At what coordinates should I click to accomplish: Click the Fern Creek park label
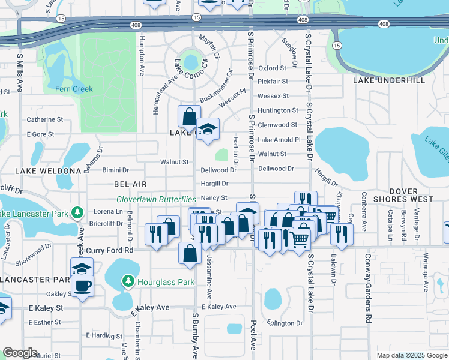click(x=74, y=89)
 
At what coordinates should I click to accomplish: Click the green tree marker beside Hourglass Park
click(x=127, y=281)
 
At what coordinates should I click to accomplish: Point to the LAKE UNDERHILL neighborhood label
click(x=389, y=80)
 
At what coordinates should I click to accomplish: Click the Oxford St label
click(x=273, y=68)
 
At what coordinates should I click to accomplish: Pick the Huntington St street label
click(x=278, y=110)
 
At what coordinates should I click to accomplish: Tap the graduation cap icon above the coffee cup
click(x=82, y=268)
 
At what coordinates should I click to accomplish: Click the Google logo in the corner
click(x=20, y=353)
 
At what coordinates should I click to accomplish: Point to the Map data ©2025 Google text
click(x=411, y=355)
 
